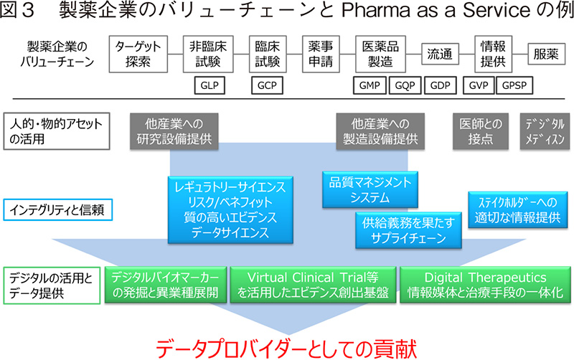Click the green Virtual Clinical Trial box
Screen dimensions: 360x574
click(312, 285)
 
